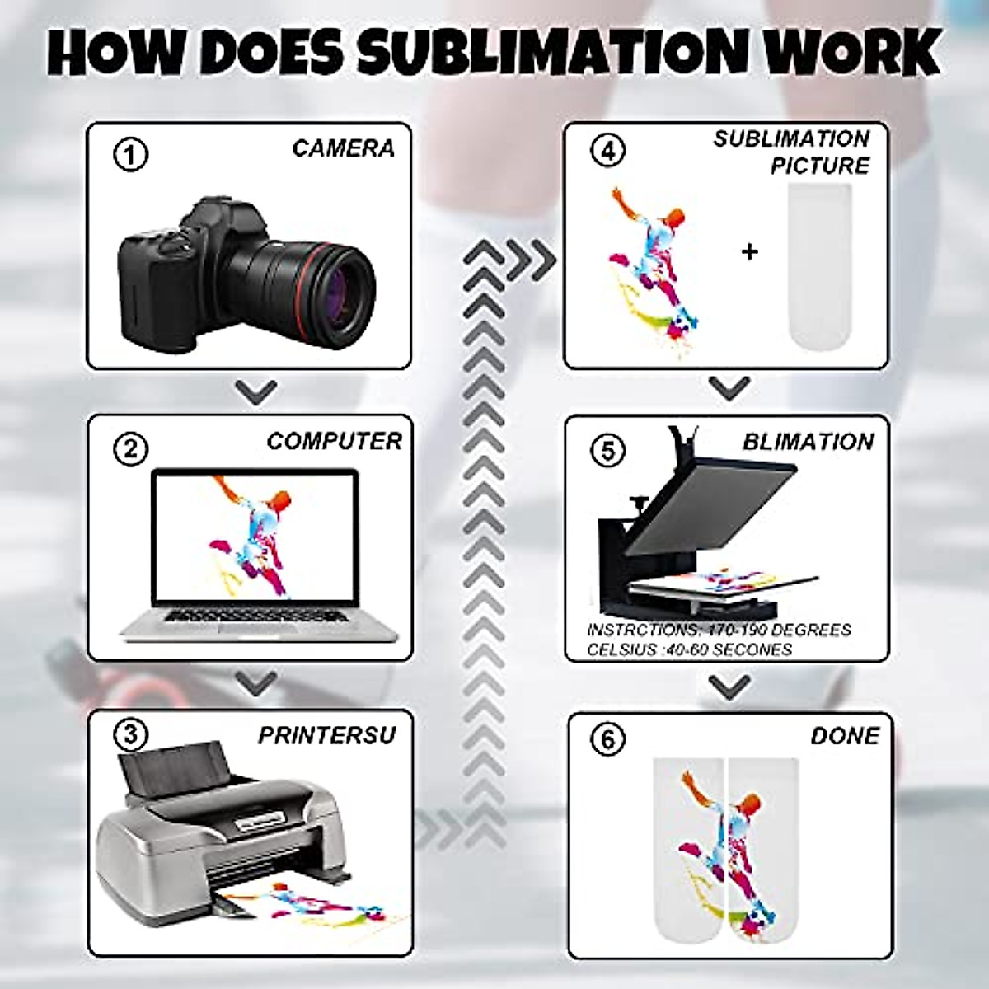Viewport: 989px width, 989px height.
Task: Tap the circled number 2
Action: click(130, 450)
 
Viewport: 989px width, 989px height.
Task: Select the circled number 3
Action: click(130, 735)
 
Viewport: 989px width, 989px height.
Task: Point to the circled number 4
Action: click(608, 150)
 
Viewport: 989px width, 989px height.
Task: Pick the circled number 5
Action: click(608, 451)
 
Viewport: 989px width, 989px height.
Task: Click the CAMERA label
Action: click(344, 148)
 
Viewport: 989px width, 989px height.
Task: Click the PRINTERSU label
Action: click(327, 735)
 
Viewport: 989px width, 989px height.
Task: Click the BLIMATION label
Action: click(809, 442)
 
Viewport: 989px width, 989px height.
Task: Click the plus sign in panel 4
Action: click(750, 251)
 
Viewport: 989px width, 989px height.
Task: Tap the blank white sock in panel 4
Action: click(819, 265)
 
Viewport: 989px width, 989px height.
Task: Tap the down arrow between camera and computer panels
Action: click(256, 392)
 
